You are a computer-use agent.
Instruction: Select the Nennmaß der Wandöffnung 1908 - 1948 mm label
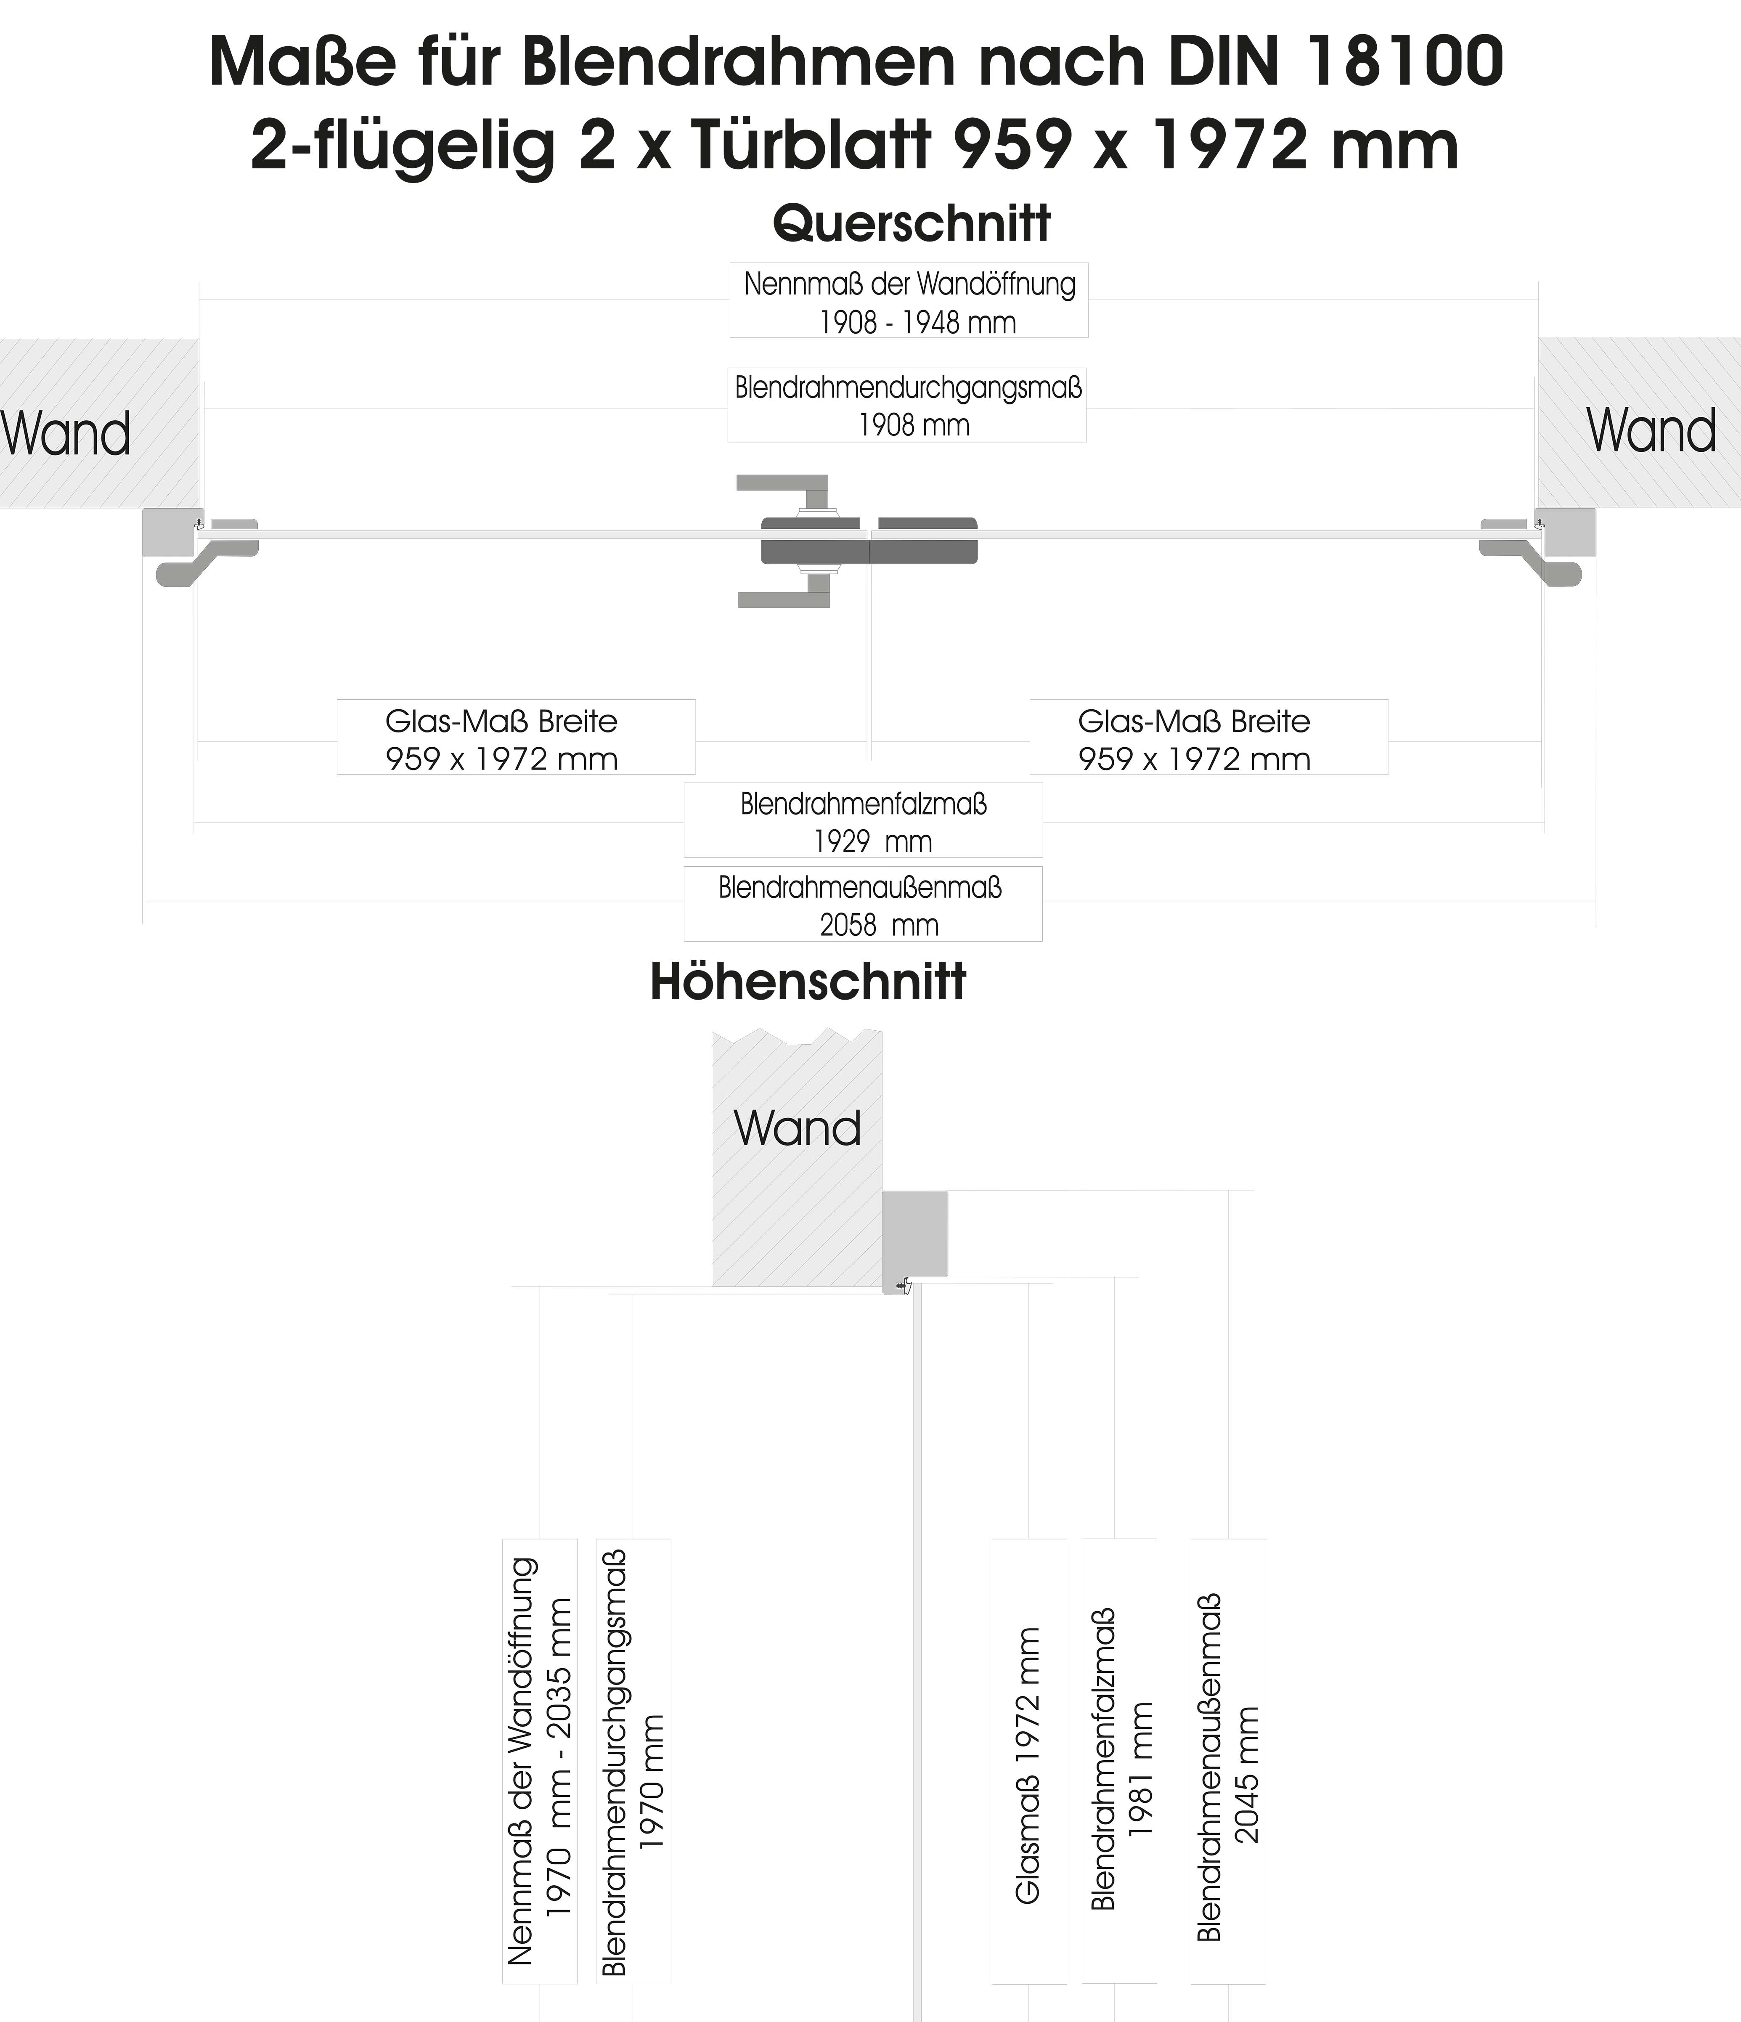pyautogui.click(x=909, y=300)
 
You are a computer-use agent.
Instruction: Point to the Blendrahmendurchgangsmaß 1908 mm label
pyautogui.click(x=906, y=405)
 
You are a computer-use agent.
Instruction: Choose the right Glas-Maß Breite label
pyautogui.click(x=1208, y=738)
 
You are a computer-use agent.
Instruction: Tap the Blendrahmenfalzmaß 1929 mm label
pyautogui.click(x=863, y=821)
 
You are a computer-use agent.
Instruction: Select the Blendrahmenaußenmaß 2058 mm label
pyautogui.click(x=863, y=905)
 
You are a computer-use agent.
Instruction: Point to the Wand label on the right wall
pyautogui.click(x=1651, y=430)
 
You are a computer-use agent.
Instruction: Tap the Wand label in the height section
pyautogui.click(x=797, y=1129)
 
